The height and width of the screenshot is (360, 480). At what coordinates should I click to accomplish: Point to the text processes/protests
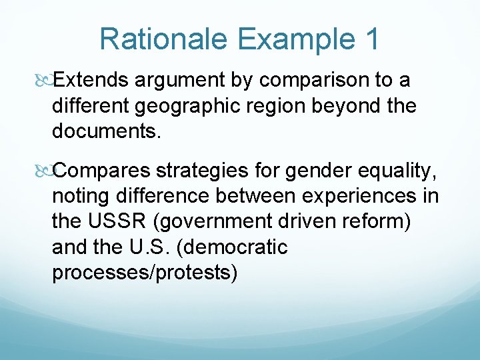pyautogui.click(x=144, y=273)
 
